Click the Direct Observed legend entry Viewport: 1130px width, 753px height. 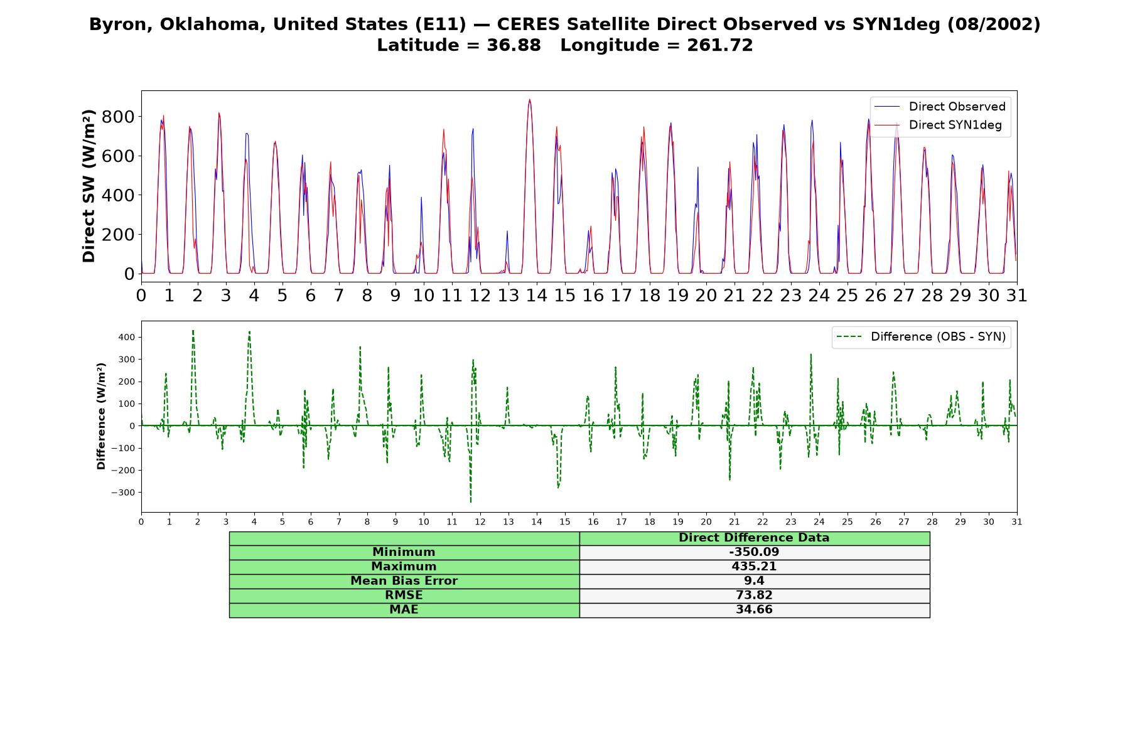940,107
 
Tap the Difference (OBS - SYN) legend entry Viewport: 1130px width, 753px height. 921,337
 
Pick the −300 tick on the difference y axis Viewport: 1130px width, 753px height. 123,493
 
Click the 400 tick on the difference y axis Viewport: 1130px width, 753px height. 126,337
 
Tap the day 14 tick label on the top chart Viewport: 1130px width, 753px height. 536,295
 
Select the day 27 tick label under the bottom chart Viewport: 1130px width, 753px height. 903,522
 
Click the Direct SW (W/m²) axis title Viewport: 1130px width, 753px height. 89,186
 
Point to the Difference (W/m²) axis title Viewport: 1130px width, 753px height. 101,417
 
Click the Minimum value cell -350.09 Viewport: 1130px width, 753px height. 754,552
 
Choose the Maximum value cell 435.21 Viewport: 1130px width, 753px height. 754,567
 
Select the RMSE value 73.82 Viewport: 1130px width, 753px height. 754,595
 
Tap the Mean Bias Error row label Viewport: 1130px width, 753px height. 404,581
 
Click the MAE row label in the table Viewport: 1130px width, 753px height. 404,610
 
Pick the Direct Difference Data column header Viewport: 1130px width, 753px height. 754,538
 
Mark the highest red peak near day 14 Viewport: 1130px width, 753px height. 530,99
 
